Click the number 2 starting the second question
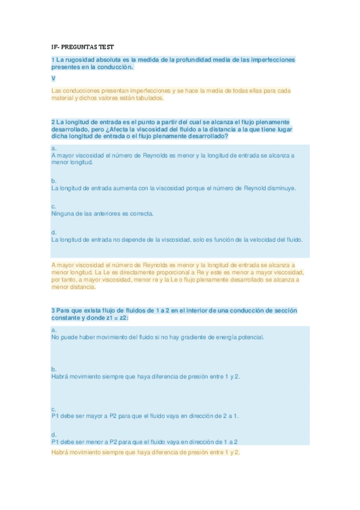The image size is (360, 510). point(53,121)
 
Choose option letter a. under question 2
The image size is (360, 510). point(54,148)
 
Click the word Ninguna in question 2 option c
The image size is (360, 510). point(63,214)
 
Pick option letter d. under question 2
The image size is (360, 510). point(54,232)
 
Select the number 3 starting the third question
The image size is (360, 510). point(53,310)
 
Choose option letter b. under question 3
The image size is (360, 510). point(54,369)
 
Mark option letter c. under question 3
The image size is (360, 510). point(54,409)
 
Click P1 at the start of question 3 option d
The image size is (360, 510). point(55,441)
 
